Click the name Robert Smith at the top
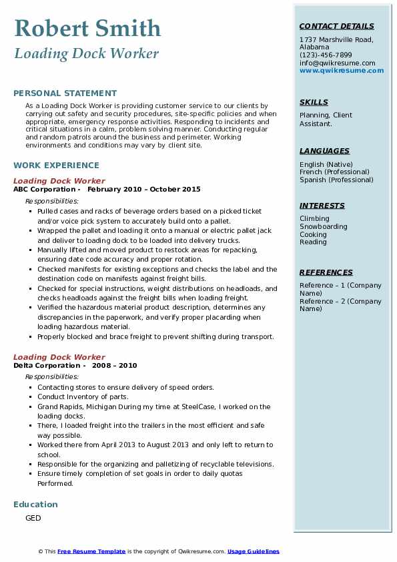click(87, 28)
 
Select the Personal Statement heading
click(65, 93)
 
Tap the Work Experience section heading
click(56, 166)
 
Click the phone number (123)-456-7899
click(326, 55)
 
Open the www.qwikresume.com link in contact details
click(342, 71)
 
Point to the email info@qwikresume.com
click(337, 63)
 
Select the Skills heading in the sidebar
click(314, 102)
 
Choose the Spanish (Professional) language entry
click(337, 180)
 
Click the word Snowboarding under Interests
click(324, 227)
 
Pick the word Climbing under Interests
click(314, 219)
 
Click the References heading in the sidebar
click(326, 272)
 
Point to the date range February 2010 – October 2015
click(144, 190)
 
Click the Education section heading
click(35, 505)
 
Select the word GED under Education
click(33, 518)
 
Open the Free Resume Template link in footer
click(91, 551)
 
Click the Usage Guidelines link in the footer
click(254, 551)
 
